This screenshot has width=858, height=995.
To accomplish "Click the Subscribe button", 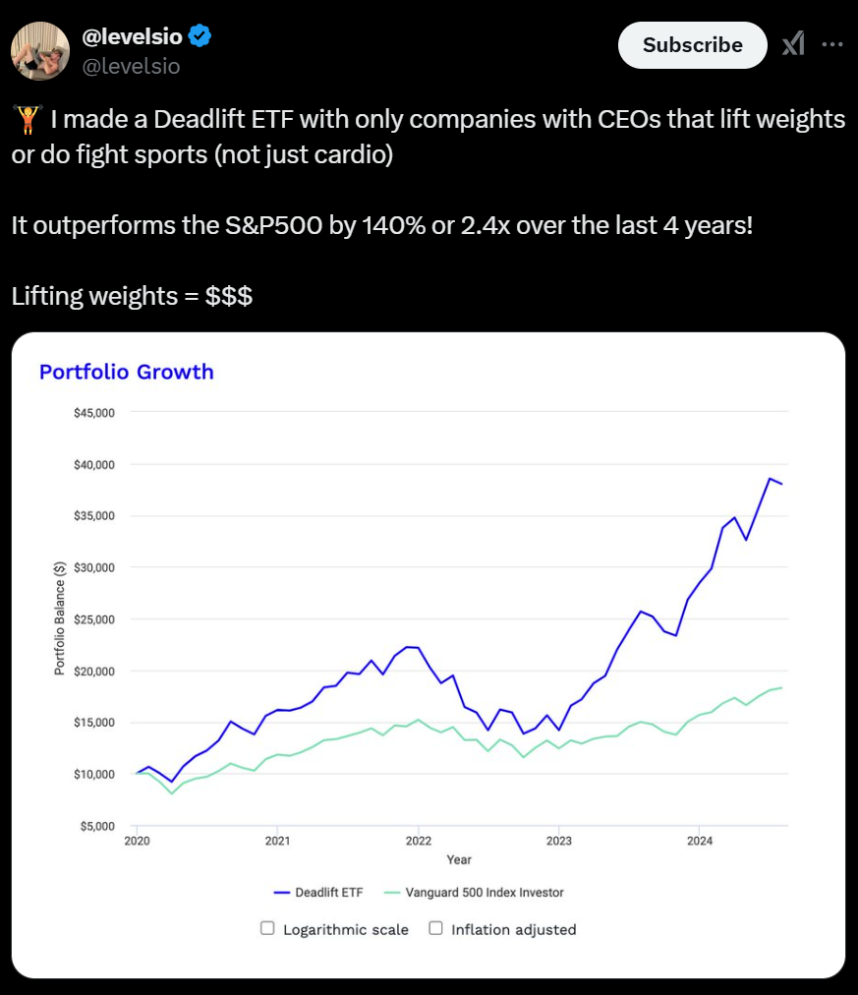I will [692, 45].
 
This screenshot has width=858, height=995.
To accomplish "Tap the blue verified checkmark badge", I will [200, 37].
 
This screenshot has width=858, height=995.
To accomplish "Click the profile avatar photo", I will [40, 51].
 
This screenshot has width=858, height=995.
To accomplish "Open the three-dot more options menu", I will [831, 45].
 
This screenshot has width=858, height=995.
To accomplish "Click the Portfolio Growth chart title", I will [126, 372].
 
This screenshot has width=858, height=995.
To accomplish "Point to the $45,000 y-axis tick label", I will [94, 412].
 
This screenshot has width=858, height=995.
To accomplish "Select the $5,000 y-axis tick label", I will [97, 826].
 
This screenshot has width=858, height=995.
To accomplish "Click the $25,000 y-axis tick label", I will [94, 619].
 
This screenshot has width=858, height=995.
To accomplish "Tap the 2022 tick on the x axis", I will [419, 842].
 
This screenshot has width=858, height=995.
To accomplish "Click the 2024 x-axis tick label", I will [700, 842].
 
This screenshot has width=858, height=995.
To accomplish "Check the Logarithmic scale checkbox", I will [267, 928].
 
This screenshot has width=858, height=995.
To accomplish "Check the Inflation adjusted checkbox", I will [436, 928].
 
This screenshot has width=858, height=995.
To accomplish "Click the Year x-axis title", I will [459, 859].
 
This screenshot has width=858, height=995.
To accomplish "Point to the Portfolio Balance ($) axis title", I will [60, 619].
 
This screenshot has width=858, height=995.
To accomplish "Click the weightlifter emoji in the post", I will [27, 121].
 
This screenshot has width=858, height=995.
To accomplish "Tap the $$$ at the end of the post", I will [229, 296].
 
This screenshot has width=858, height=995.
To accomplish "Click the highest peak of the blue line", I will [771, 479].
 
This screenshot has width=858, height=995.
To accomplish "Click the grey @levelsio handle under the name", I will [131, 66].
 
